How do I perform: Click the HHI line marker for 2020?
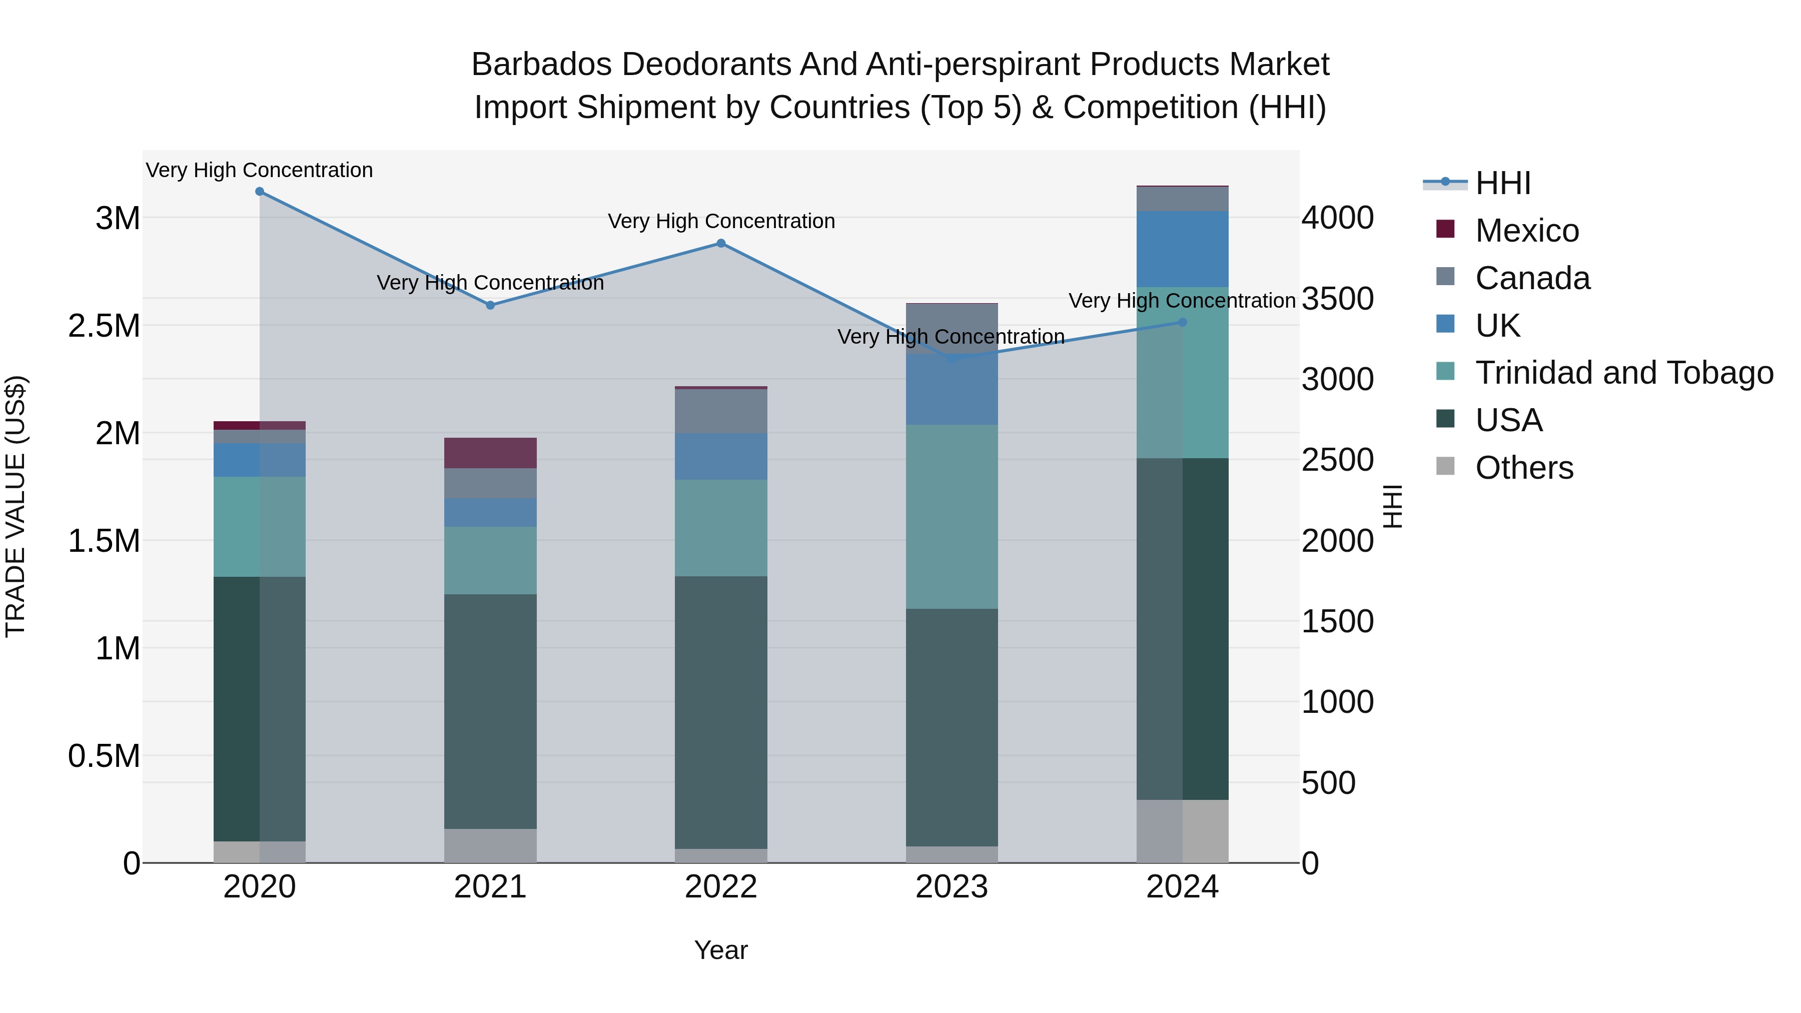pos(259,192)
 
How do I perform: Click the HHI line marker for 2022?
pos(721,243)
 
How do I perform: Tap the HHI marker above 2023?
pos(952,359)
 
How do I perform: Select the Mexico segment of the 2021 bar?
pos(490,453)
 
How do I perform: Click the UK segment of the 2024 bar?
pos(1182,249)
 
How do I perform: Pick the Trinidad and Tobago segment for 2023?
pos(952,517)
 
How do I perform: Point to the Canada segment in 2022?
pos(721,411)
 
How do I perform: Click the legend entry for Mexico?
pos(1527,231)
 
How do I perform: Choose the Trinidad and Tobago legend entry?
pos(1623,373)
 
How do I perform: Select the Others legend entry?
pos(1524,468)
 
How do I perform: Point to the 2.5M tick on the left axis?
pos(104,326)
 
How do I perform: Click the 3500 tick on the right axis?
pos(1337,299)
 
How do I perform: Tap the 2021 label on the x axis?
pos(490,887)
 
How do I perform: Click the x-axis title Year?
pos(721,950)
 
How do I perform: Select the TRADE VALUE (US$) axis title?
pos(16,506)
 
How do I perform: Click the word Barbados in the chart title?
pos(541,65)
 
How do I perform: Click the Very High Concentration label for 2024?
pos(1182,301)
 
